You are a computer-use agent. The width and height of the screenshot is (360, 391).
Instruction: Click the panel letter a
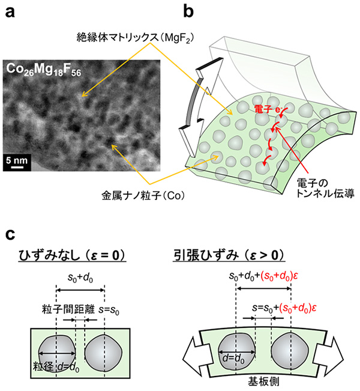click(x=9, y=11)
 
